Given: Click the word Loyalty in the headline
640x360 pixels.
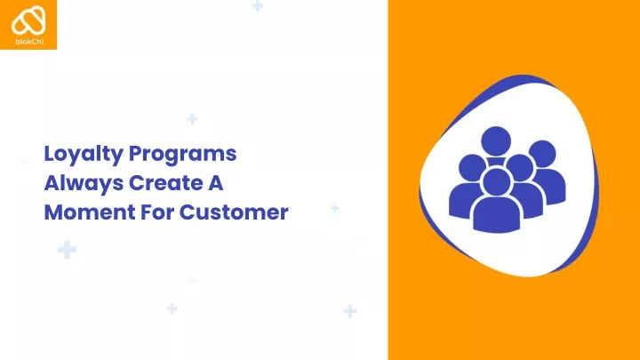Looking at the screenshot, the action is [84, 155].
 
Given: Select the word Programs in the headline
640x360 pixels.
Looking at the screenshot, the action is [182, 155].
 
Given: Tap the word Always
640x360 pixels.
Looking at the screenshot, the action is [84, 184].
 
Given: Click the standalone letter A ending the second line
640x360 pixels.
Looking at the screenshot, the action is [215, 183].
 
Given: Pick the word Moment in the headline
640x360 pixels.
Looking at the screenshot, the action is [90, 212].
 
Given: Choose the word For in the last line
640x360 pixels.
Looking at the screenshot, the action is [157, 212].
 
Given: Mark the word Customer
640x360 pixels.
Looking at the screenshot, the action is [234, 212].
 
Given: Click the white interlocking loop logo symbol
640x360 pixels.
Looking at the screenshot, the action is [28, 20].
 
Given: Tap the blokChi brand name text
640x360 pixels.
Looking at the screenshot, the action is [29, 41].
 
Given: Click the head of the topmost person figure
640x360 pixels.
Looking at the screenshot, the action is [496, 141].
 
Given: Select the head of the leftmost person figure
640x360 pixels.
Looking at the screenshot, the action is [472, 168].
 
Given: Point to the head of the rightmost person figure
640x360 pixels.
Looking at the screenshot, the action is [543, 154].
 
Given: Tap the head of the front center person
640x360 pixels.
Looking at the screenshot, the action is [496, 182].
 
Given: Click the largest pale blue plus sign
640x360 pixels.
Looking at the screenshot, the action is [67, 250].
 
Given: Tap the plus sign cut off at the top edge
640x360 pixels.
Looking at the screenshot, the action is [258, 5].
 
